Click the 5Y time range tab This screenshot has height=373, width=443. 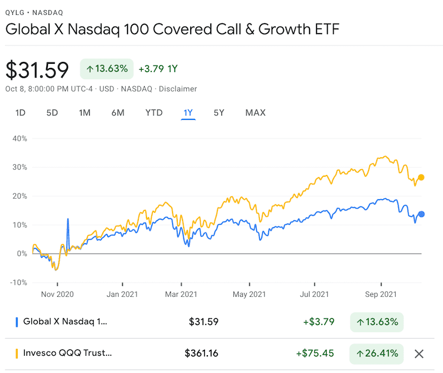[219, 112]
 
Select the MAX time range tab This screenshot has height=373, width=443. [255, 112]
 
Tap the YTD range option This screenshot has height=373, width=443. [154, 112]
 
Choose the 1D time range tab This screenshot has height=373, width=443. [20, 112]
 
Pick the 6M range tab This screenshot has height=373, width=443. [118, 112]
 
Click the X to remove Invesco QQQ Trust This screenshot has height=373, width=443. [419, 353]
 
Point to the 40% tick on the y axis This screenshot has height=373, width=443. [19, 138]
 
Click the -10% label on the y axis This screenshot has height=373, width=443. [18, 282]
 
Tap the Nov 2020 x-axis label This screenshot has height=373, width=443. [57, 294]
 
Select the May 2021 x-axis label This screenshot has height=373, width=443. [249, 294]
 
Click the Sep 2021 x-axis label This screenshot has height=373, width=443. [380, 294]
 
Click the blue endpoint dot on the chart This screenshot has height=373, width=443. [421, 214]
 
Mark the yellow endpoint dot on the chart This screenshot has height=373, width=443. [421, 177]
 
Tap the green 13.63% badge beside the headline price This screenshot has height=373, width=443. [107, 69]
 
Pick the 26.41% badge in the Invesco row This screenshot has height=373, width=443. [376, 353]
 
